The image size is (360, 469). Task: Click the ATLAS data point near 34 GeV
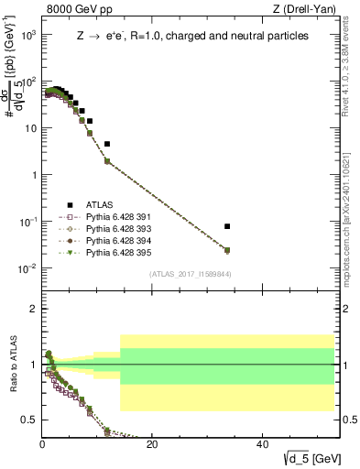pyautogui.click(x=227, y=226)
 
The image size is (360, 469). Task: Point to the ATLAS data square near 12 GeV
pyautogui.click(x=107, y=144)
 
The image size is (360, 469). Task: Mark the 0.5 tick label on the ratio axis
pyautogui.click(x=29, y=420)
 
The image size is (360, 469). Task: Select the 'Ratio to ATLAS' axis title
pyautogui.click(x=12, y=365)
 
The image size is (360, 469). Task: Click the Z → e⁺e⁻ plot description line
pyautogui.click(x=192, y=37)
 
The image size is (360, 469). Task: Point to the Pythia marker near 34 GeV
pyautogui.click(x=227, y=249)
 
